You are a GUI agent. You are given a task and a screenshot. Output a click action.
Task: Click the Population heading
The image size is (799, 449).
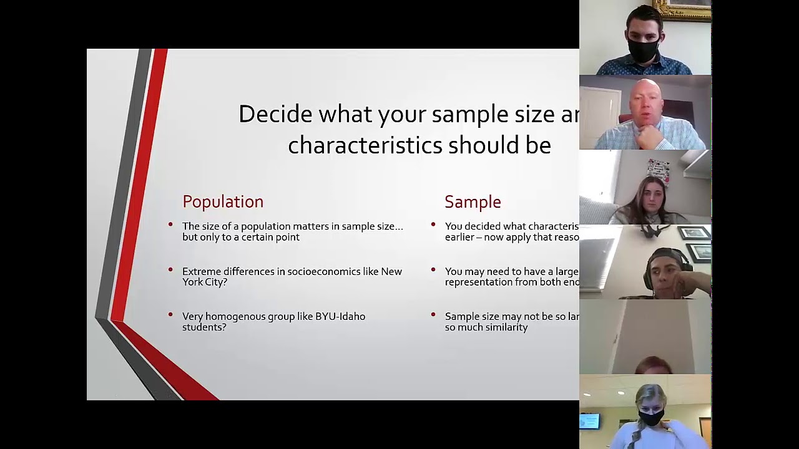click(x=223, y=202)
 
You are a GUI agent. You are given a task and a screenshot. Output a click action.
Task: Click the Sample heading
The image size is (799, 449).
click(x=473, y=202)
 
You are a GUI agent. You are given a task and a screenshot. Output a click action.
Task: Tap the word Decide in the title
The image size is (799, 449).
click(x=275, y=114)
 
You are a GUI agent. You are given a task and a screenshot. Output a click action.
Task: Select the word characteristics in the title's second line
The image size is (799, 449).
click(x=365, y=145)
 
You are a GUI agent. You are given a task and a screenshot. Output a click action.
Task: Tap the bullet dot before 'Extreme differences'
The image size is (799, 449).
click(x=170, y=269)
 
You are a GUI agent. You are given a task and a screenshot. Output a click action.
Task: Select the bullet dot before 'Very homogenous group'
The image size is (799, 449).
click(x=170, y=314)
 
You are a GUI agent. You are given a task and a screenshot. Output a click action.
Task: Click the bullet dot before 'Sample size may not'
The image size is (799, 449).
click(x=433, y=314)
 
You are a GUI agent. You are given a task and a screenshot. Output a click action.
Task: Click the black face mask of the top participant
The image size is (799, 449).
click(x=643, y=51)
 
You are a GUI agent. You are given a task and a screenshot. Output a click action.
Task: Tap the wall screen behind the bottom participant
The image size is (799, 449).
click(x=589, y=422)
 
